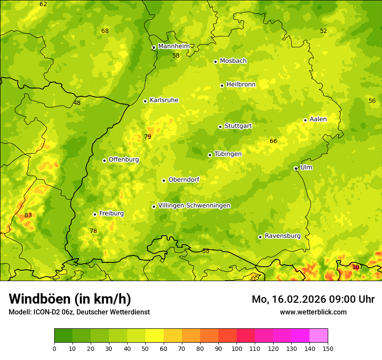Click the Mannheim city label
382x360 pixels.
174,46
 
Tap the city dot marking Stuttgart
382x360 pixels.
220,127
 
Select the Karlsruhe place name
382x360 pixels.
164,100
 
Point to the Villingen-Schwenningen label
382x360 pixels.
194,206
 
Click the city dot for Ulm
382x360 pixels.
296,168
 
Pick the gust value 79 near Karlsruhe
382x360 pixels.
148,137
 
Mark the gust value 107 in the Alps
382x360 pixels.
356,267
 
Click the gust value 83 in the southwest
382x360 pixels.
28,215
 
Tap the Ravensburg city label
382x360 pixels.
282,236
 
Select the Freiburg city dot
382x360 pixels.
95,214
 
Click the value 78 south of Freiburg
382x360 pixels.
93,231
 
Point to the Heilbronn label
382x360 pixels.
241,85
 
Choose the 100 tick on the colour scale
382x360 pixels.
237,348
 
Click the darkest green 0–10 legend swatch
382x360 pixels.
63,335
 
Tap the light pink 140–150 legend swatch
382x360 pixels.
319,335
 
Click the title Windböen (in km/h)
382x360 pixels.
69,299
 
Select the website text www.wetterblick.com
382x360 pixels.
313,312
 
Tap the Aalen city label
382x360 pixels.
318,119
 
